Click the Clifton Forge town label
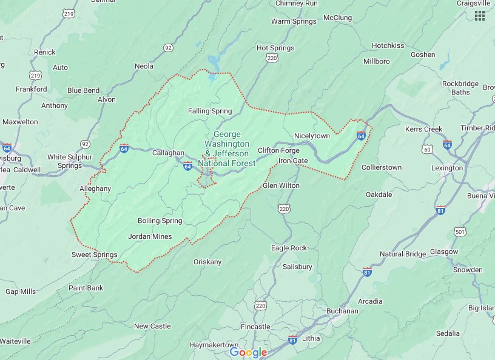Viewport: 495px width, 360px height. [x=278, y=150]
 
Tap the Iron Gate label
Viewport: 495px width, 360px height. [x=293, y=161]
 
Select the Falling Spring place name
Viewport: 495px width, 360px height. [x=210, y=111]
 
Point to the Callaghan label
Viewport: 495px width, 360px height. [x=167, y=153]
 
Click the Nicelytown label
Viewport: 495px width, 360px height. [x=312, y=136]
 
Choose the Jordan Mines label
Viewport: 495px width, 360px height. [x=150, y=236]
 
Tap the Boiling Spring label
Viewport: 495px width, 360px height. [x=160, y=221]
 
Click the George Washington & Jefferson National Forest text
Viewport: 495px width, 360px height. [x=227, y=148]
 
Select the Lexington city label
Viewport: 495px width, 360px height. [x=447, y=168]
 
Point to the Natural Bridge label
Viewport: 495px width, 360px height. [x=403, y=254]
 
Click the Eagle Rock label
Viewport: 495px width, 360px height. [x=289, y=248]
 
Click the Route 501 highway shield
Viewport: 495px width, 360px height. [x=459, y=232]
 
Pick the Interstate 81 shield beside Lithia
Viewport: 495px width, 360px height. [x=292, y=340]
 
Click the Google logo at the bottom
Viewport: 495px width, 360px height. [x=248, y=353]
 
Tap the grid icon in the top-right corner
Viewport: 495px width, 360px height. [x=480, y=16]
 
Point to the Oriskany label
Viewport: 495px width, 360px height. [x=207, y=262]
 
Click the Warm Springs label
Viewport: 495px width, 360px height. [x=293, y=21]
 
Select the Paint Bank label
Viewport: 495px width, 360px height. [x=86, y=287]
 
